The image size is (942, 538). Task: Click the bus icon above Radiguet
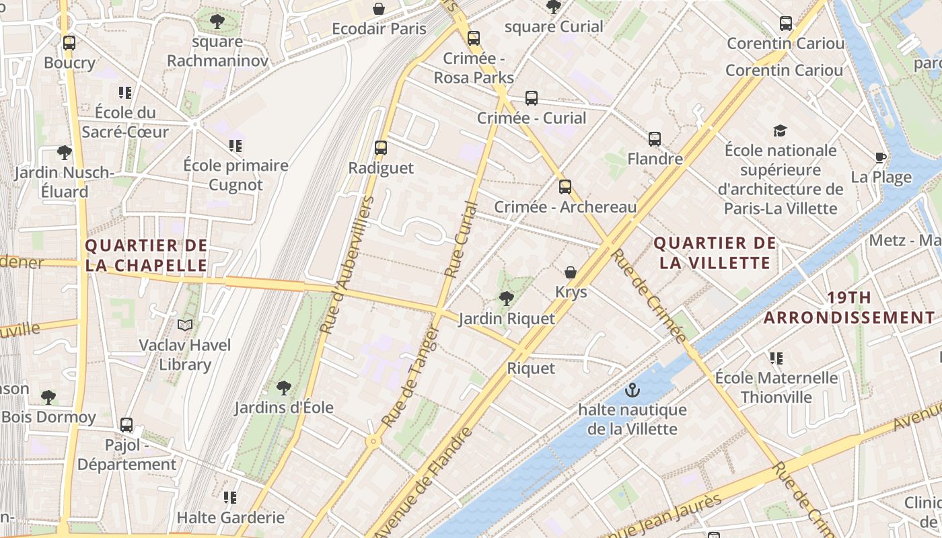click(x=381, y=148)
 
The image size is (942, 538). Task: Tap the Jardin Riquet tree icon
click(x=507, y=298)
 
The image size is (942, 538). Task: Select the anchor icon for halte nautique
click(x=632, y=390)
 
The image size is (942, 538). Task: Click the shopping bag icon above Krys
click(x=571, y=272)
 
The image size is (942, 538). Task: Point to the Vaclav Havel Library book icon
click(x=185, y=325)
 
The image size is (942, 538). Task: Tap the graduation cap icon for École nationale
click(x=780, y=130)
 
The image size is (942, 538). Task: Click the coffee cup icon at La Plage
click(x=880, y=158)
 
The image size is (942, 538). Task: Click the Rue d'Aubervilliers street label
click(x=347, y=266)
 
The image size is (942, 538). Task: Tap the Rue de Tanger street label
click(x=410, y=377)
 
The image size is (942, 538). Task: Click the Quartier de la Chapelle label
click(x=146, y=255)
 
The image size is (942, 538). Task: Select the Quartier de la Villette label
click(x=715, y=252)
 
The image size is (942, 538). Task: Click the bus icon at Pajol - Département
click(x=126, y=425)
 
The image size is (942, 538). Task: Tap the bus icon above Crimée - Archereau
click(x=565, y=187)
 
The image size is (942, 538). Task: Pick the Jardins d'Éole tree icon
click(x=284, y=388)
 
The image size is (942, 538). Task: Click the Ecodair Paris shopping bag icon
click(x=379, y=9)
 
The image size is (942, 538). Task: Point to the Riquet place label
click(x=531, y=368)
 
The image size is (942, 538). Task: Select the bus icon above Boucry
click(x=69, y=43)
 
